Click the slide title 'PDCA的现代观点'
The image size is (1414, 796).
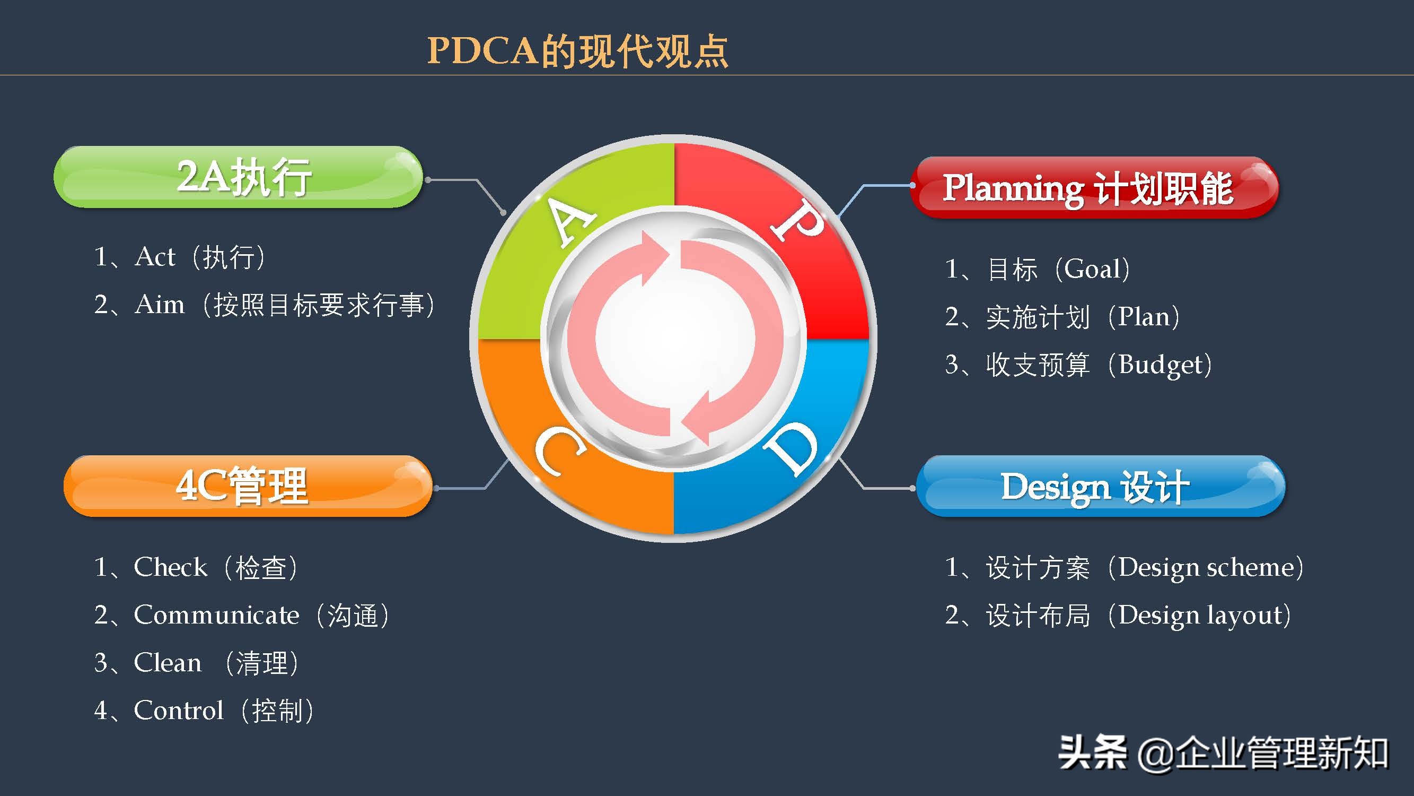point(577,51)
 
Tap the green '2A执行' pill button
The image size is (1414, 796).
point(238,177)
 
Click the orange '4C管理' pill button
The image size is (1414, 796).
point(248,486)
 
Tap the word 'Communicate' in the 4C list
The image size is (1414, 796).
point(216,615)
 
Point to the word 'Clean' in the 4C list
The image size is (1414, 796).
point(168,663)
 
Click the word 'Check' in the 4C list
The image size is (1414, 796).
point(170,567)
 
